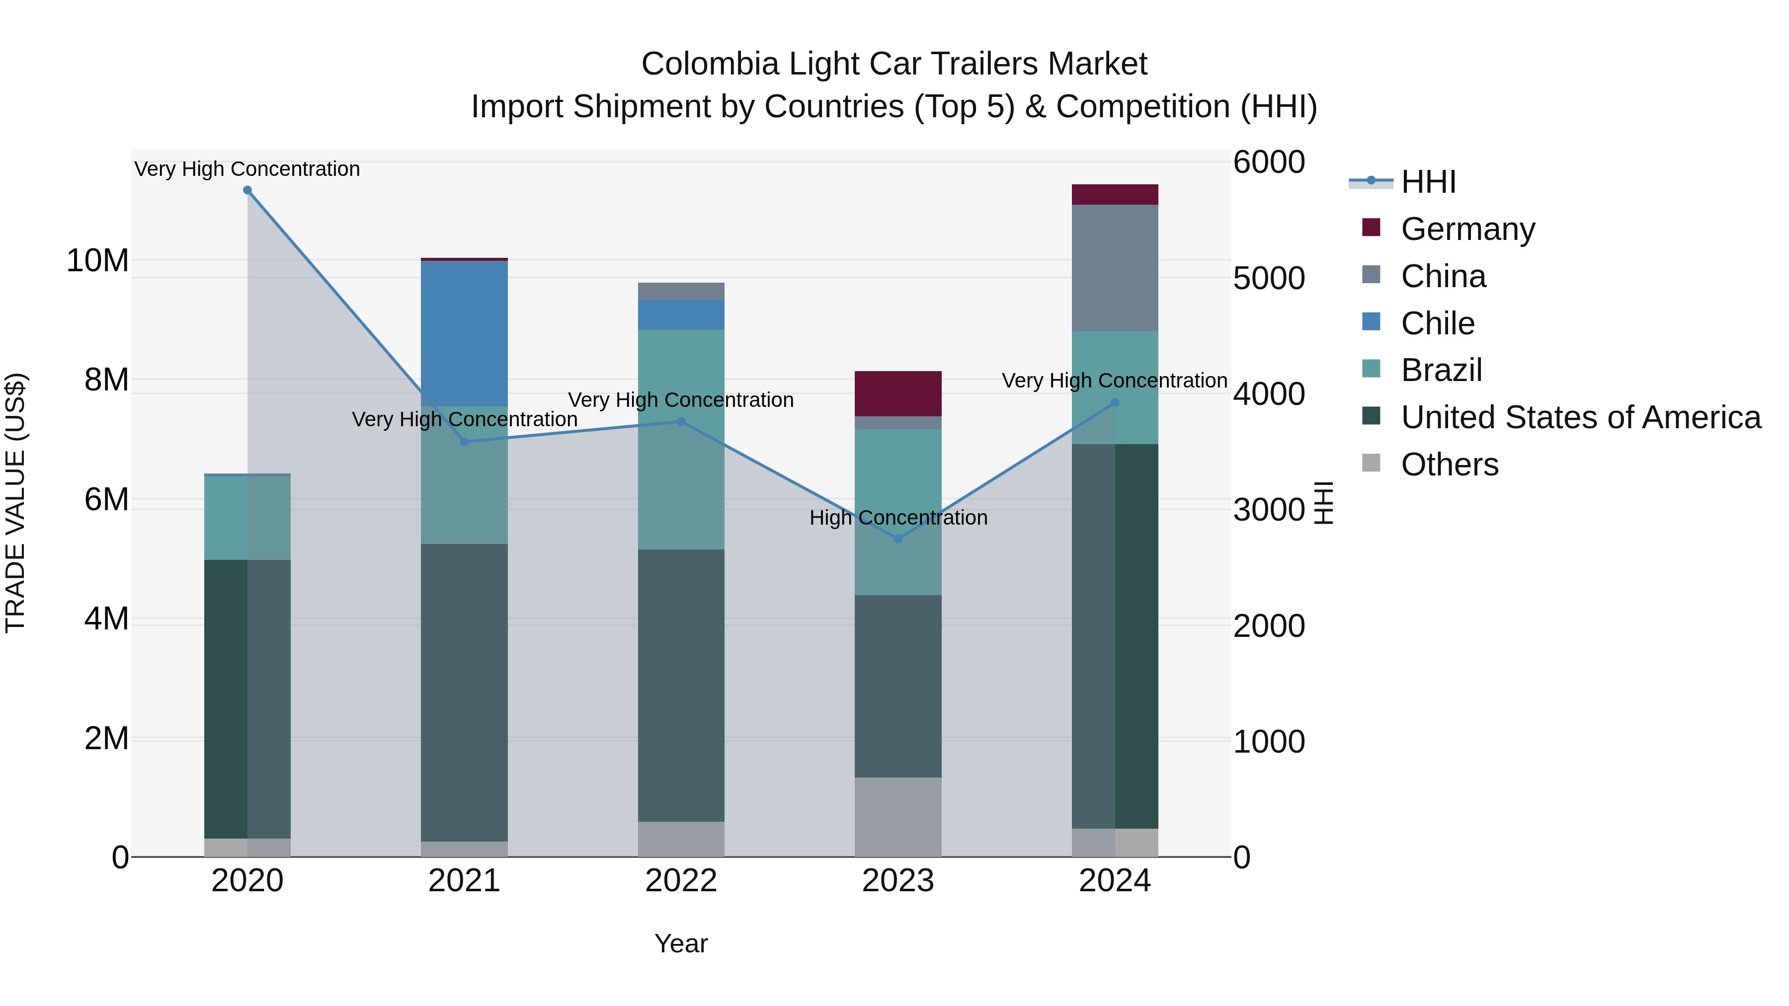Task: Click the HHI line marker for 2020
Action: click(247, 190)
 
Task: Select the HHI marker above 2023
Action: click(898, 539)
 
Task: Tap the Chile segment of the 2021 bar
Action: click(464, 333)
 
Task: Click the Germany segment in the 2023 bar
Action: click(898, 393)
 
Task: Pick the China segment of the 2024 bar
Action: click(1115, 267)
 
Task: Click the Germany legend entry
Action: click(1467, 229)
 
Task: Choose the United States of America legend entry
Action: click(1580, 417)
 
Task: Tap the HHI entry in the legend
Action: click(1427, 182)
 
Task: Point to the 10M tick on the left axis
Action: click(97, 261)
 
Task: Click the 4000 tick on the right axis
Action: click(1269, 394)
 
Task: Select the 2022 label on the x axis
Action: click(681, 881)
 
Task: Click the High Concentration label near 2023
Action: click(898, 518)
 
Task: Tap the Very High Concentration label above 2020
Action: click(247, 169)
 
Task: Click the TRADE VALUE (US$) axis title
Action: click(15, 503)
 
